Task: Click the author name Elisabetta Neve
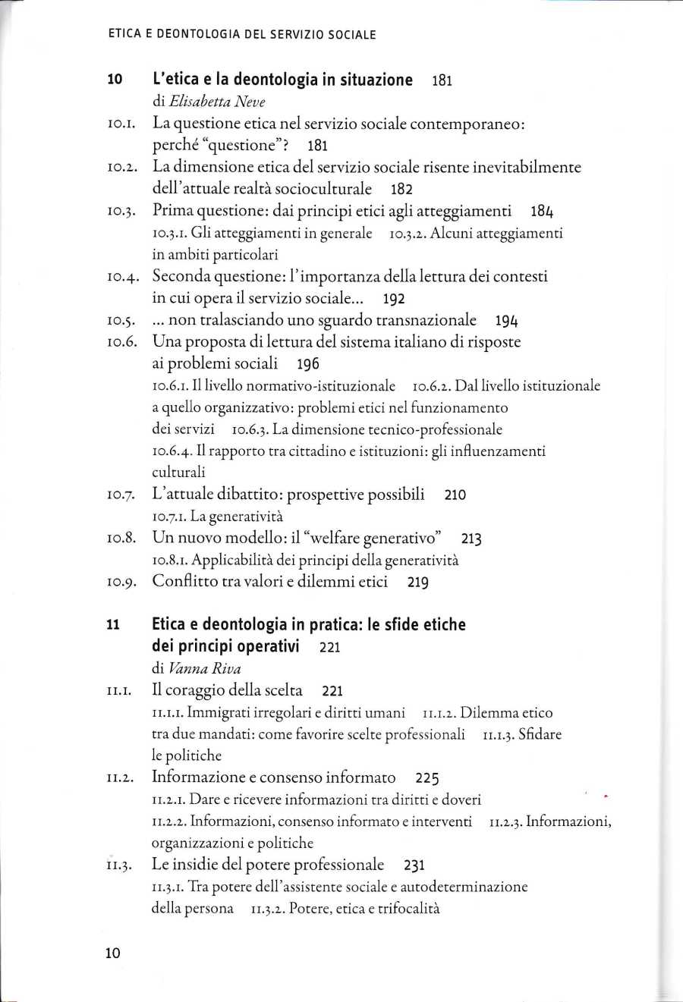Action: (216, 102)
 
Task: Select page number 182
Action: (401, 189)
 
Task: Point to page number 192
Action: (394, 299)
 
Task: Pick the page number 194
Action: (506, 321)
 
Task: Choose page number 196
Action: (308, 364)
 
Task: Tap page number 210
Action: (455, 495)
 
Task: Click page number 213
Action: (471, 539)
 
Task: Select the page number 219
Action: (418, 583)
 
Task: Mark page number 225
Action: (427, 778)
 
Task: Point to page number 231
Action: (414, 865)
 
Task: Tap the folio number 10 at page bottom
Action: (113, 953)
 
